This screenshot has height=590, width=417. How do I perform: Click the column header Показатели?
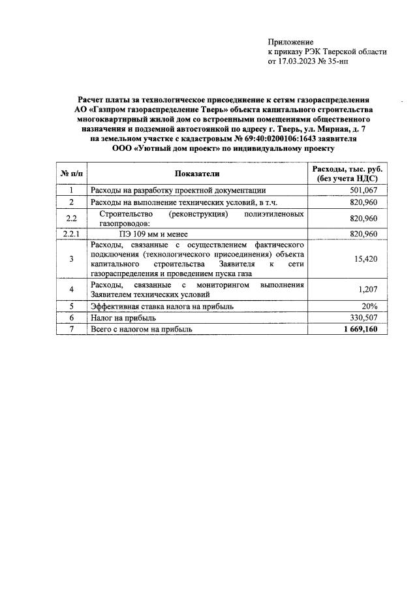pos(197,174)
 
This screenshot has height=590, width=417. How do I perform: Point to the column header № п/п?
pos(70,174)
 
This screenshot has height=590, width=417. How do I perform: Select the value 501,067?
pos(365,190)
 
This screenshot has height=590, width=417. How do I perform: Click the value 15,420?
pos(367,259)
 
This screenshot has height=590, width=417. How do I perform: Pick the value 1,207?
pos(370,289)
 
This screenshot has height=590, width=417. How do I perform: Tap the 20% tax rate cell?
pos(373,305)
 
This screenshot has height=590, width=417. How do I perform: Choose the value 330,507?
pos(365,317)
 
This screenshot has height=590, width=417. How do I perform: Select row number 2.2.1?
pos(70,234)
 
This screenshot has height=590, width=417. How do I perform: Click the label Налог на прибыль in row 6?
pos(123,317)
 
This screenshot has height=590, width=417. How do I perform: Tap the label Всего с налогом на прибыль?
pos(142,329)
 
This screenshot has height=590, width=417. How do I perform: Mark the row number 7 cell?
pos(70,329)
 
